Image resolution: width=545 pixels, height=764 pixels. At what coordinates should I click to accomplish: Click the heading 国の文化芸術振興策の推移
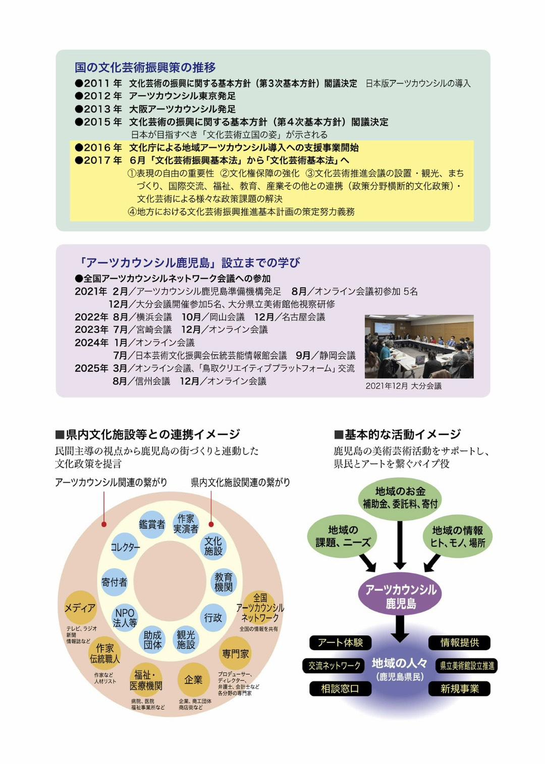pyautogui.click(x=145, y=67)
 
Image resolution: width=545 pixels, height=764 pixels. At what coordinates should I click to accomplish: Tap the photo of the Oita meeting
pyautogui.click(x=419, y=346)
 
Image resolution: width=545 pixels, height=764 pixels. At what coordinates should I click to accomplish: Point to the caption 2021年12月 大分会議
pyautogui.click(x=403, y=386)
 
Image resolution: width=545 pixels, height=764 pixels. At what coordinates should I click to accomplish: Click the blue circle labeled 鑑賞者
pyautogui.click(x=152, y=524)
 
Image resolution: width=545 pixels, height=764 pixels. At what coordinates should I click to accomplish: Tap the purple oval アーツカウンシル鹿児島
pyautogui.click(x=400, y=597)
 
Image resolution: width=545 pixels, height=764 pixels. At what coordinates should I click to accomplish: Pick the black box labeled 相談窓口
pyautogui.click(x=340, y=689)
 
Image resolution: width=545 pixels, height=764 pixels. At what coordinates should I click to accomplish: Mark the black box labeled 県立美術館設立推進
pyautogui.click(x=466, y=666)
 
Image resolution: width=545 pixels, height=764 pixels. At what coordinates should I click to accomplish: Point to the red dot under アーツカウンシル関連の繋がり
pyautogui.click(x=104, y=524)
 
